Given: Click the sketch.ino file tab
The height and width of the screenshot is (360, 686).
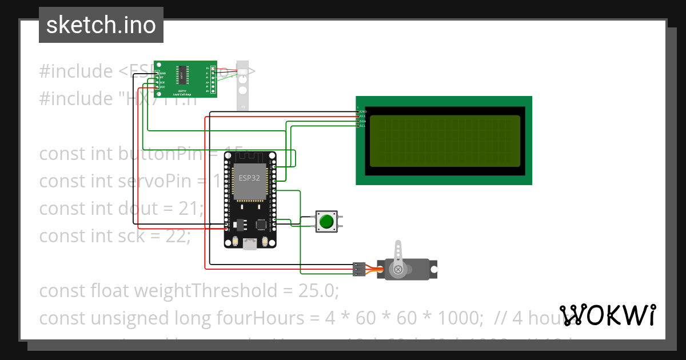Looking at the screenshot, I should pyautogui.click(x=101, y=25).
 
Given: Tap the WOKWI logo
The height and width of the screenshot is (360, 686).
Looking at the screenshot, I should pyautogui.click(x=607, y=315).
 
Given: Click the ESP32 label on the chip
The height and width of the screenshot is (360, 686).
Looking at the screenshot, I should pyautogui.click(x=249, y=178).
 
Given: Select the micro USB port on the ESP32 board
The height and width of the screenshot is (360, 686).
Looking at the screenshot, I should pyautogui.click(x=249, y=244).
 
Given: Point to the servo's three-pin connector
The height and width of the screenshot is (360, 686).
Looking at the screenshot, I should pyautogui.click(x=359, y=269).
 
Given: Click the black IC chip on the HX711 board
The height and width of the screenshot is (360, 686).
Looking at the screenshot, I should pyautogui.click(x=181, y=75).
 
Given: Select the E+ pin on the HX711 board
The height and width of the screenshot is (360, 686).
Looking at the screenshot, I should pyautogui.click(x=213, y=69).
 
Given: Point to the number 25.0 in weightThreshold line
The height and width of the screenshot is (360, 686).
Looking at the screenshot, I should pyautogui.click(x=317, y=291).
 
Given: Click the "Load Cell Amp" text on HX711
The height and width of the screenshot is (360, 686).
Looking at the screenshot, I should pyautogui.click(x=182, y=94).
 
